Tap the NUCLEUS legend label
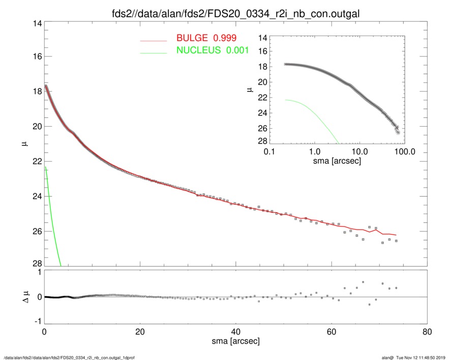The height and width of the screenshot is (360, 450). (198, 50)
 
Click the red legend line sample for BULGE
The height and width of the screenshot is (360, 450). (154, 40)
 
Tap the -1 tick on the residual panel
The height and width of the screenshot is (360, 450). (36, 321)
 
